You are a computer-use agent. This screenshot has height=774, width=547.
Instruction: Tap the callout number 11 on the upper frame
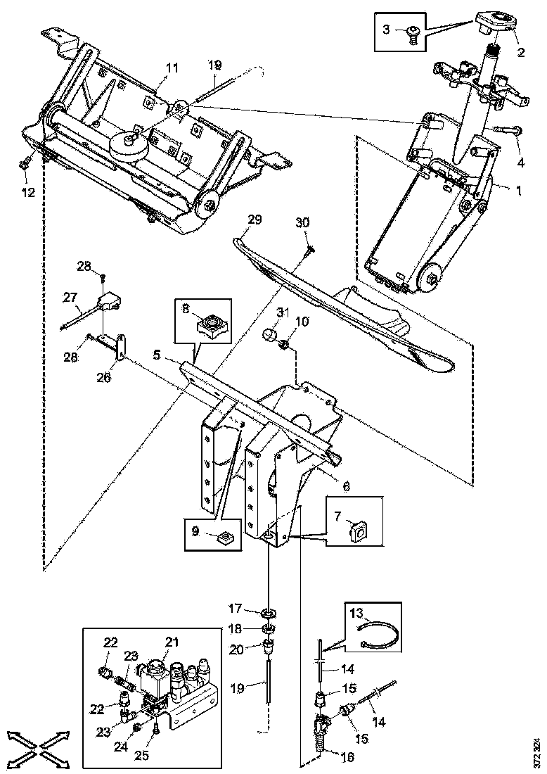(x=172, y=68)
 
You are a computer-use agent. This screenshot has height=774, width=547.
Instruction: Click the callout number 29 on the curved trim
(x=254, y=220)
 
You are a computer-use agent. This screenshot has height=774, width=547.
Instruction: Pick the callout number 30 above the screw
(x=302, y=222)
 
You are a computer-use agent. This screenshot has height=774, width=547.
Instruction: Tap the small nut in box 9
(x=226, y=539)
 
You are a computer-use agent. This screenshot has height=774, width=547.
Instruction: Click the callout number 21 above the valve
(x=172, y=641)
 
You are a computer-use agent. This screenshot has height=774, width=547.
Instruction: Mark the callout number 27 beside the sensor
(x=70, y=298)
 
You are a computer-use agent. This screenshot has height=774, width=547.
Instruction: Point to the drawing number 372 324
(x=537, y=752)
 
